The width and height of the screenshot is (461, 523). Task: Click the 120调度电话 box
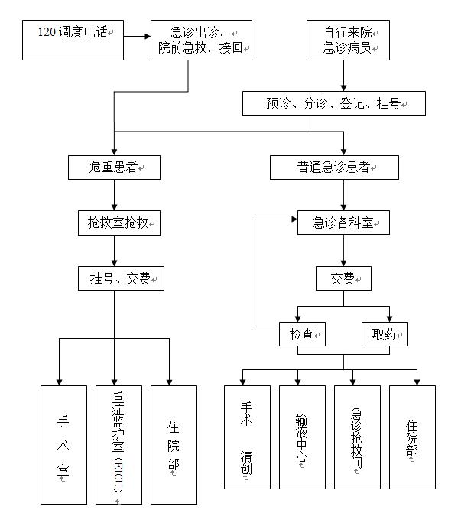[x=73, y=40]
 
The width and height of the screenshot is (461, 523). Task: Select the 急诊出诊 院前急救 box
[x=201, y=40]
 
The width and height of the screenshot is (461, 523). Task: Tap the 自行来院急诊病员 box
[x=348, y=40]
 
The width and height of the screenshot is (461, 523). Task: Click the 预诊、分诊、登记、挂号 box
[x=334, y=103]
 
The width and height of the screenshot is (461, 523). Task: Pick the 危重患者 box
[x=114, y=167]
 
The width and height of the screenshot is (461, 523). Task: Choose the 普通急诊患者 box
[x=334, y=167]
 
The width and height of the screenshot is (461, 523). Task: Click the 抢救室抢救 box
[x=119, y=223]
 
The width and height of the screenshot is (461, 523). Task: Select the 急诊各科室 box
[x=343, y=223]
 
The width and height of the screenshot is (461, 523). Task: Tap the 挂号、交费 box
[x=121, y=278]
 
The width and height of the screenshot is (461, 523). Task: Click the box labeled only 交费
[x=343, y=278]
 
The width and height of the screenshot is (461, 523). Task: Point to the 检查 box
[x=302, y=334]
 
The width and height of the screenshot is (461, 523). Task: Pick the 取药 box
[x=385, y=334]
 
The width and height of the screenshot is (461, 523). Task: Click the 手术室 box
[x=63, y=445]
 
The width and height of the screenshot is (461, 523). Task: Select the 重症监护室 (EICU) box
[x=118, y=445]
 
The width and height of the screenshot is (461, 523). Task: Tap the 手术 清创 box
[x=247, y=437]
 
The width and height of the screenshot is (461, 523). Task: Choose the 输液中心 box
[x=302, y=437]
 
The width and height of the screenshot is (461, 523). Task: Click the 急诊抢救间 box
[x=357, y=437]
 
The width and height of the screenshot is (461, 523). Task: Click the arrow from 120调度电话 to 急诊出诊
[x=137, y=36]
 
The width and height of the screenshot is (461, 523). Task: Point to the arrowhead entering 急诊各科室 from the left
[x=294, y=219]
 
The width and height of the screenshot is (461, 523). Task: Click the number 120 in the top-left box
[x=47, y=32]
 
